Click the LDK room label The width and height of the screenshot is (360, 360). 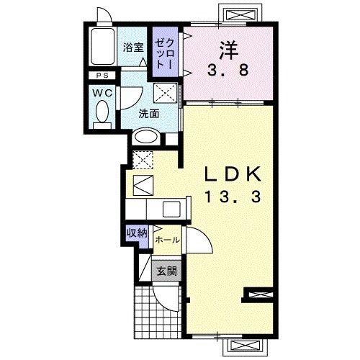233,174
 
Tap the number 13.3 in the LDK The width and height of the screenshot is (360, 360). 233,197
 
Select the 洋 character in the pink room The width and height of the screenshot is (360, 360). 228,50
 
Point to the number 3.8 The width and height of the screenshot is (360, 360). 228,71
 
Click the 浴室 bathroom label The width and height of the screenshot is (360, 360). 133,48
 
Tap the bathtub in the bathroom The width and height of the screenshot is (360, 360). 102,46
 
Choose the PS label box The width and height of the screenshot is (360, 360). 102,76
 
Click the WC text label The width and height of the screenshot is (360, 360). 102,93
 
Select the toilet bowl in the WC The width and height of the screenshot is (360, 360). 102,112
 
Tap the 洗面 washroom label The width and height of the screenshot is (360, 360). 149,114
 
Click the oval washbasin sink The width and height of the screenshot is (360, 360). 146,138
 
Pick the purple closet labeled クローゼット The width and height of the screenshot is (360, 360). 166,52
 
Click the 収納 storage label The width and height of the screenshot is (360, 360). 137,233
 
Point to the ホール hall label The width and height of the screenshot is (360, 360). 167,240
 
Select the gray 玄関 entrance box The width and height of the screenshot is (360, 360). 166,271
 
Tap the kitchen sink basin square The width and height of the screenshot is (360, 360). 171,209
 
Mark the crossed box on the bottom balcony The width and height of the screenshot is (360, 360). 245,346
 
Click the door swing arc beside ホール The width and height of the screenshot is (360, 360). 201,239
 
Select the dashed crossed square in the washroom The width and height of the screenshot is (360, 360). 166,93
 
